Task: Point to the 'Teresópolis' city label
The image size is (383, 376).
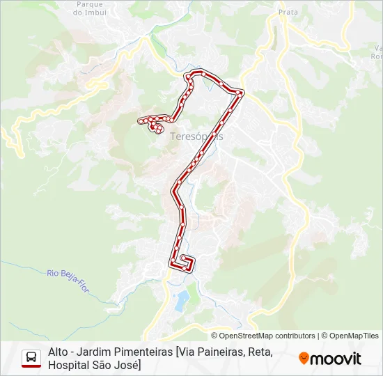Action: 197,136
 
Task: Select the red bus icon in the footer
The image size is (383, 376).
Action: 31,358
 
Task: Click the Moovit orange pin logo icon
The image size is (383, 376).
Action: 304,358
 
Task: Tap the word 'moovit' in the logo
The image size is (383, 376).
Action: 336,359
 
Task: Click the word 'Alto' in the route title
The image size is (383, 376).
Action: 58,352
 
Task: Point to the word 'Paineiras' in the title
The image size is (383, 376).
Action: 224,352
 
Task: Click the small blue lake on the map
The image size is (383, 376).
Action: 182,301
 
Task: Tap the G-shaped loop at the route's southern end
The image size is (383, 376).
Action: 185,262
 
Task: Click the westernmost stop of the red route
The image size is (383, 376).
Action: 141,122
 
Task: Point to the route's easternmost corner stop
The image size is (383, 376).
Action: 241,93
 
